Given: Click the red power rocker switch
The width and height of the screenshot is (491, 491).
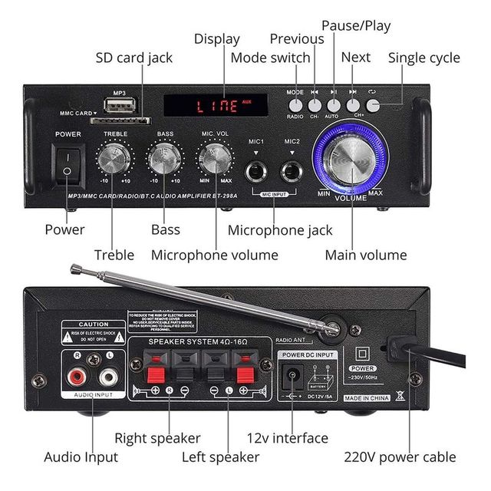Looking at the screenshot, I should [68, 165].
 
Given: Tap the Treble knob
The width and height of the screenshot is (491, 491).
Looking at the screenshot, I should [114, 160].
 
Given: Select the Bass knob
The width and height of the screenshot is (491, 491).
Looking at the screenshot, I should [165, 160].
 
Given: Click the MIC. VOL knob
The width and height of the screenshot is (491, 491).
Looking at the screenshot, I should [215, 160].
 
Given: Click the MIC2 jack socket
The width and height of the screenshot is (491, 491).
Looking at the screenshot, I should [292, 170].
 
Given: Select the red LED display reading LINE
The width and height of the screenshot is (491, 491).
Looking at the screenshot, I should [216, 105].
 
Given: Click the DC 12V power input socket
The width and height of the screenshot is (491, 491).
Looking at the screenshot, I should [292, 378].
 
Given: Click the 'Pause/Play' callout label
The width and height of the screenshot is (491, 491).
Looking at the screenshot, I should [356, 25].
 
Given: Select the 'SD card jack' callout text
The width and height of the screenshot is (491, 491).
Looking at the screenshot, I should [134, 58].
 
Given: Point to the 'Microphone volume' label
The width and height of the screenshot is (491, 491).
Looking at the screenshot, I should [214, 255].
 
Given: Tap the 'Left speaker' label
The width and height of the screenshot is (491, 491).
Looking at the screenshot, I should [220, 457].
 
